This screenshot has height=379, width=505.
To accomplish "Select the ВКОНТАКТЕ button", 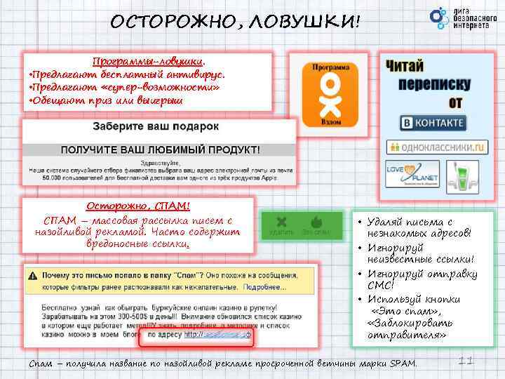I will click(x=433, y=123).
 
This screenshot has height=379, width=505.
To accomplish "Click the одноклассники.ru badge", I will click(x=436, y=147).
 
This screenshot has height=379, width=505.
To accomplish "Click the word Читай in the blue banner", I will click(x=405, y=66).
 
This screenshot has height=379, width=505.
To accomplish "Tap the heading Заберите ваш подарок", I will click(x=156, y=126).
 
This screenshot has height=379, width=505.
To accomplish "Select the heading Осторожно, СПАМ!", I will click(x=137, y=206).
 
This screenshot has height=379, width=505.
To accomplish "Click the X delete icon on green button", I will click(x=281, y=220).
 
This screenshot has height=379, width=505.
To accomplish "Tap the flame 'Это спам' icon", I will click(x=316, y=220).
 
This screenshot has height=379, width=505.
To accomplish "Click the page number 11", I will click(x=464, y=360).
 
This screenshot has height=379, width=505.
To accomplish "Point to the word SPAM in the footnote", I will click(x=403, y=364).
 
